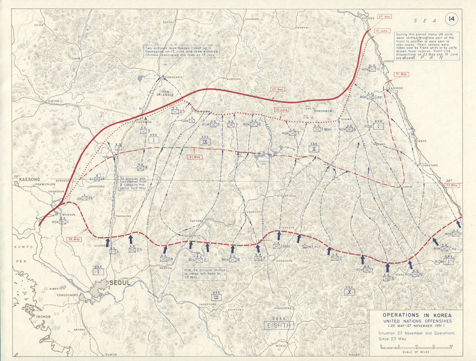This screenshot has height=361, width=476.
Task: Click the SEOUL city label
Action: [119, 282]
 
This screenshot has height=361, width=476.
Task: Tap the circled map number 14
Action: [450, 20]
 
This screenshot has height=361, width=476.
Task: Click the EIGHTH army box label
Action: [279, 326]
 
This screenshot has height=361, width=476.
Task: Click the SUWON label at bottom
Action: [111, 355]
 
